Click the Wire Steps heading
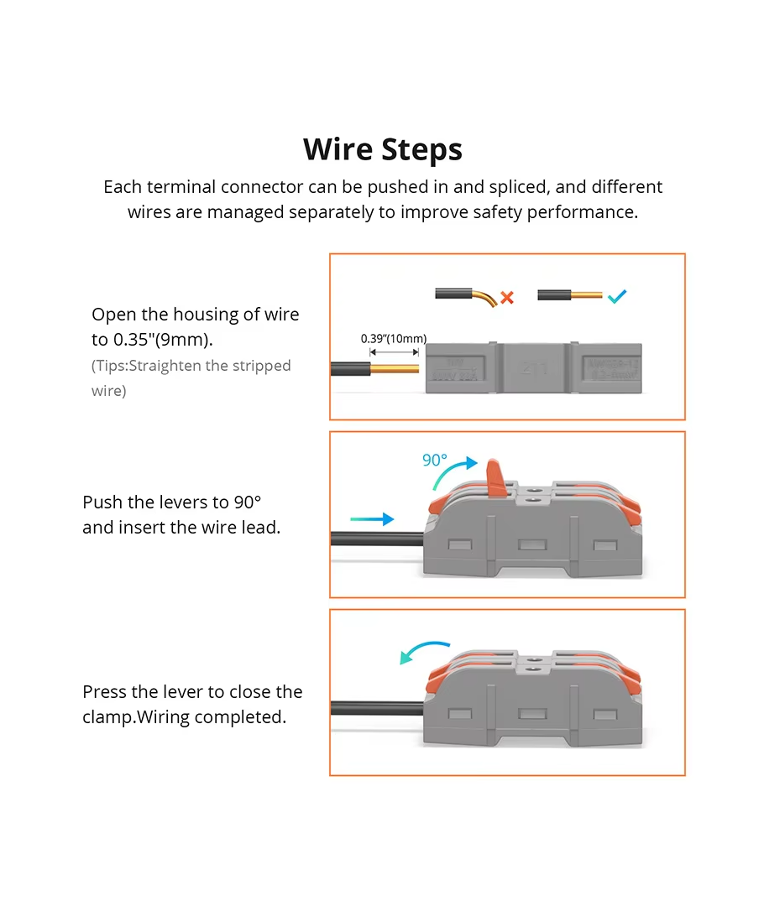[x=382, y=149]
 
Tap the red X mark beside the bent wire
[x=507, y=297]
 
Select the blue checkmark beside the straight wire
[x=617, y=296]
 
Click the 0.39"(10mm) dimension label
[x=394, y=339]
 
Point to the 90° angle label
[x=435, y=460]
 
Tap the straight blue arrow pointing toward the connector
[x=372, y=519]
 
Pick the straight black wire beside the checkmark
[x=554, y=296]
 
